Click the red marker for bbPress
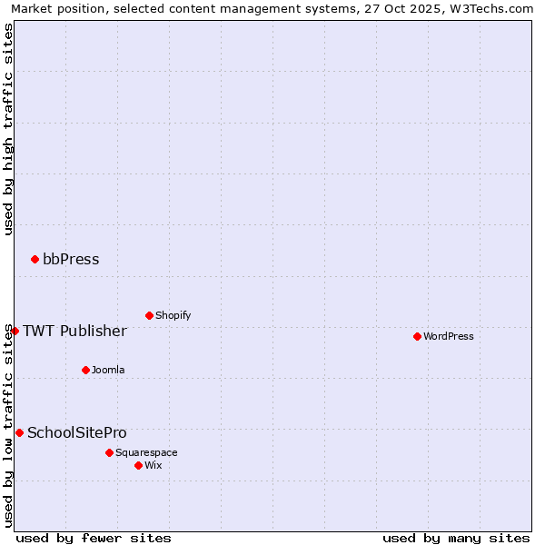pos(35,260)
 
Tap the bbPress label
pos(71,260)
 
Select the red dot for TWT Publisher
pos(15,331)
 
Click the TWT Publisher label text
pos(74,331)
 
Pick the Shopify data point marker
pos(149,316)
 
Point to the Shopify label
pos(173,316)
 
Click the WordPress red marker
pos(417,337)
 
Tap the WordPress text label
pos(449,337)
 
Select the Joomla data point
pos(85,370)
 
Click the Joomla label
pos(108,371)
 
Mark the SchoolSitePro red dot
pos(19,433)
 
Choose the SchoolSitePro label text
pos(77,433)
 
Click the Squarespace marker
pos(109,452)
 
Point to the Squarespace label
pos(146,453)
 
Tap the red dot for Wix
pos(138,465)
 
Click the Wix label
pos(154,466)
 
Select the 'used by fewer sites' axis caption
pos(94,538)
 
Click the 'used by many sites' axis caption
pos(456,538)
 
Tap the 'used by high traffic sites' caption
pos(9,129)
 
